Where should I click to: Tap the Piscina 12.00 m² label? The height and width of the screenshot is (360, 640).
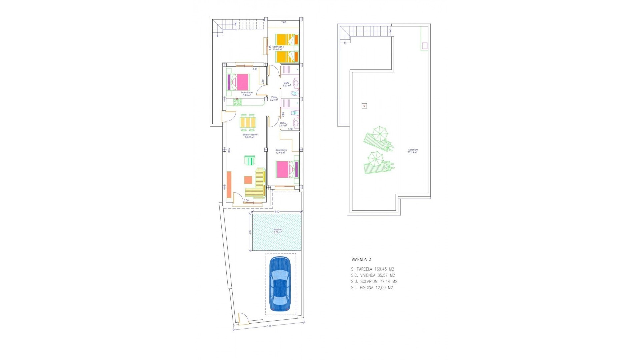pos(277,231)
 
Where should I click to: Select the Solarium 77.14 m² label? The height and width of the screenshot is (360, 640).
pos(413,151)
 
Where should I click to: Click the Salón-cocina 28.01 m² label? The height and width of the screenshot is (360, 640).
pos(250,136)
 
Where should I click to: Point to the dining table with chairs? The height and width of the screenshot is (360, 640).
pos(248,123)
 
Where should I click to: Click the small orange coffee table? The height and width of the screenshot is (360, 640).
pos(248,180)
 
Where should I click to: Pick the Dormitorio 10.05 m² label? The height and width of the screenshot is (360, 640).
pos(278,48)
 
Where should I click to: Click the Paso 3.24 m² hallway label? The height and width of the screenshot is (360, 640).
pos(274,98)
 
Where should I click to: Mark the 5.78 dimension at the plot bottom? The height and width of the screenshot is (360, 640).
pos(269,326)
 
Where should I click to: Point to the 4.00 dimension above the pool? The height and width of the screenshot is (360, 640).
pos(277,212)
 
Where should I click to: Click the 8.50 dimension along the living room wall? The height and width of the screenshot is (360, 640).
pos(229,150)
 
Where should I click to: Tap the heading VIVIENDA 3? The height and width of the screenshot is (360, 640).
pos(361,260)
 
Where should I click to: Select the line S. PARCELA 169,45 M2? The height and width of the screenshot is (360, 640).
pos(372,269)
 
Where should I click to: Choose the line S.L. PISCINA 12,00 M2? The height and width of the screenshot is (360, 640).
pos(372,288)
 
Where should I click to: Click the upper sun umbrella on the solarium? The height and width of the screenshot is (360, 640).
pos(380,134)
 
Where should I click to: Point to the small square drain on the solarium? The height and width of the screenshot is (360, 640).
pos(364,106)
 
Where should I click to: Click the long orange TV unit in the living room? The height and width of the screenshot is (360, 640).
pos(229,185)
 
